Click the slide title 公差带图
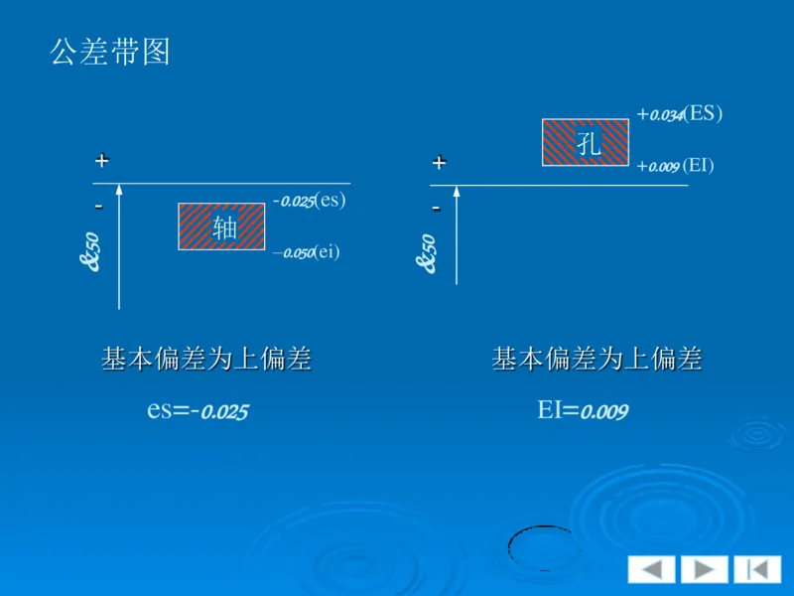[x=110, y=52]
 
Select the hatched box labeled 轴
[x=222, y=226]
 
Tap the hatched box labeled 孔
[x=586, y=142]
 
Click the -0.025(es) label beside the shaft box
[x=309, y=201]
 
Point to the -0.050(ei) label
[x=307, y=252]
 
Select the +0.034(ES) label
[x=680, y=114]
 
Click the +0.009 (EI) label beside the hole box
[x=676, y=166]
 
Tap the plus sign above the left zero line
[x=101, y=160]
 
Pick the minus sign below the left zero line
[x=98, y=206]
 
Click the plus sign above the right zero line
[x=439, y=162]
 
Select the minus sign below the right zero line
[x=436, y=208]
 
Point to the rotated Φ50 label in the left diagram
[x=90, y=252]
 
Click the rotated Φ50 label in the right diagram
[x=428, y=254]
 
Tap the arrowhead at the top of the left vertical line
[x=118, y=188]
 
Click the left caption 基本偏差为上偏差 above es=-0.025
[x=206, y=360]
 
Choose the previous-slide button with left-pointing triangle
[x=651, y=569]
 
